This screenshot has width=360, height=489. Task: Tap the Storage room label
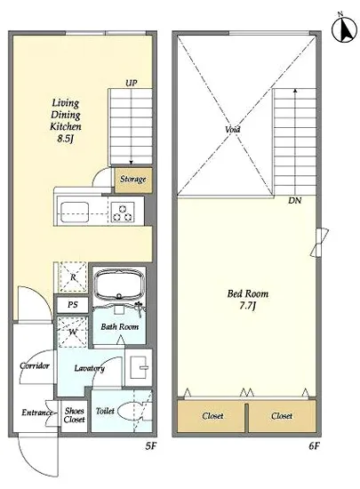[133, 180]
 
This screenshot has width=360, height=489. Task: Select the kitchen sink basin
[75, 212]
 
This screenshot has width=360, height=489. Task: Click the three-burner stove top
[123, 212]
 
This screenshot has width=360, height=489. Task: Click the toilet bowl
[131, 412]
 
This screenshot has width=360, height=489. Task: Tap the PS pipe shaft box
[73, 304]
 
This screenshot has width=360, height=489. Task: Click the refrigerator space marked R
[73, 277]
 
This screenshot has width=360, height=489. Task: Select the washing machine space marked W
[72, 333]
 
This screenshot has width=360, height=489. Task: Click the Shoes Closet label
[74, 415]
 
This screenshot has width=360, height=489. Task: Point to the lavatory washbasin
[139, 367]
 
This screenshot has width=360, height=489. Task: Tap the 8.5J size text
[65, 139]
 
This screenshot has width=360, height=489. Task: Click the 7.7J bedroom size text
[247, 306]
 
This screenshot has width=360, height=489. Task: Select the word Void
[233, 129]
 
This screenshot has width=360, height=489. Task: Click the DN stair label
[294, 200]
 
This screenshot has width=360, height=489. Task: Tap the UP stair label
[132, 83]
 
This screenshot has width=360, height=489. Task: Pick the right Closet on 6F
[282, 416]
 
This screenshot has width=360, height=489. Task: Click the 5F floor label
[150, 446]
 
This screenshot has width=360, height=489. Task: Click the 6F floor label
[315, 446]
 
